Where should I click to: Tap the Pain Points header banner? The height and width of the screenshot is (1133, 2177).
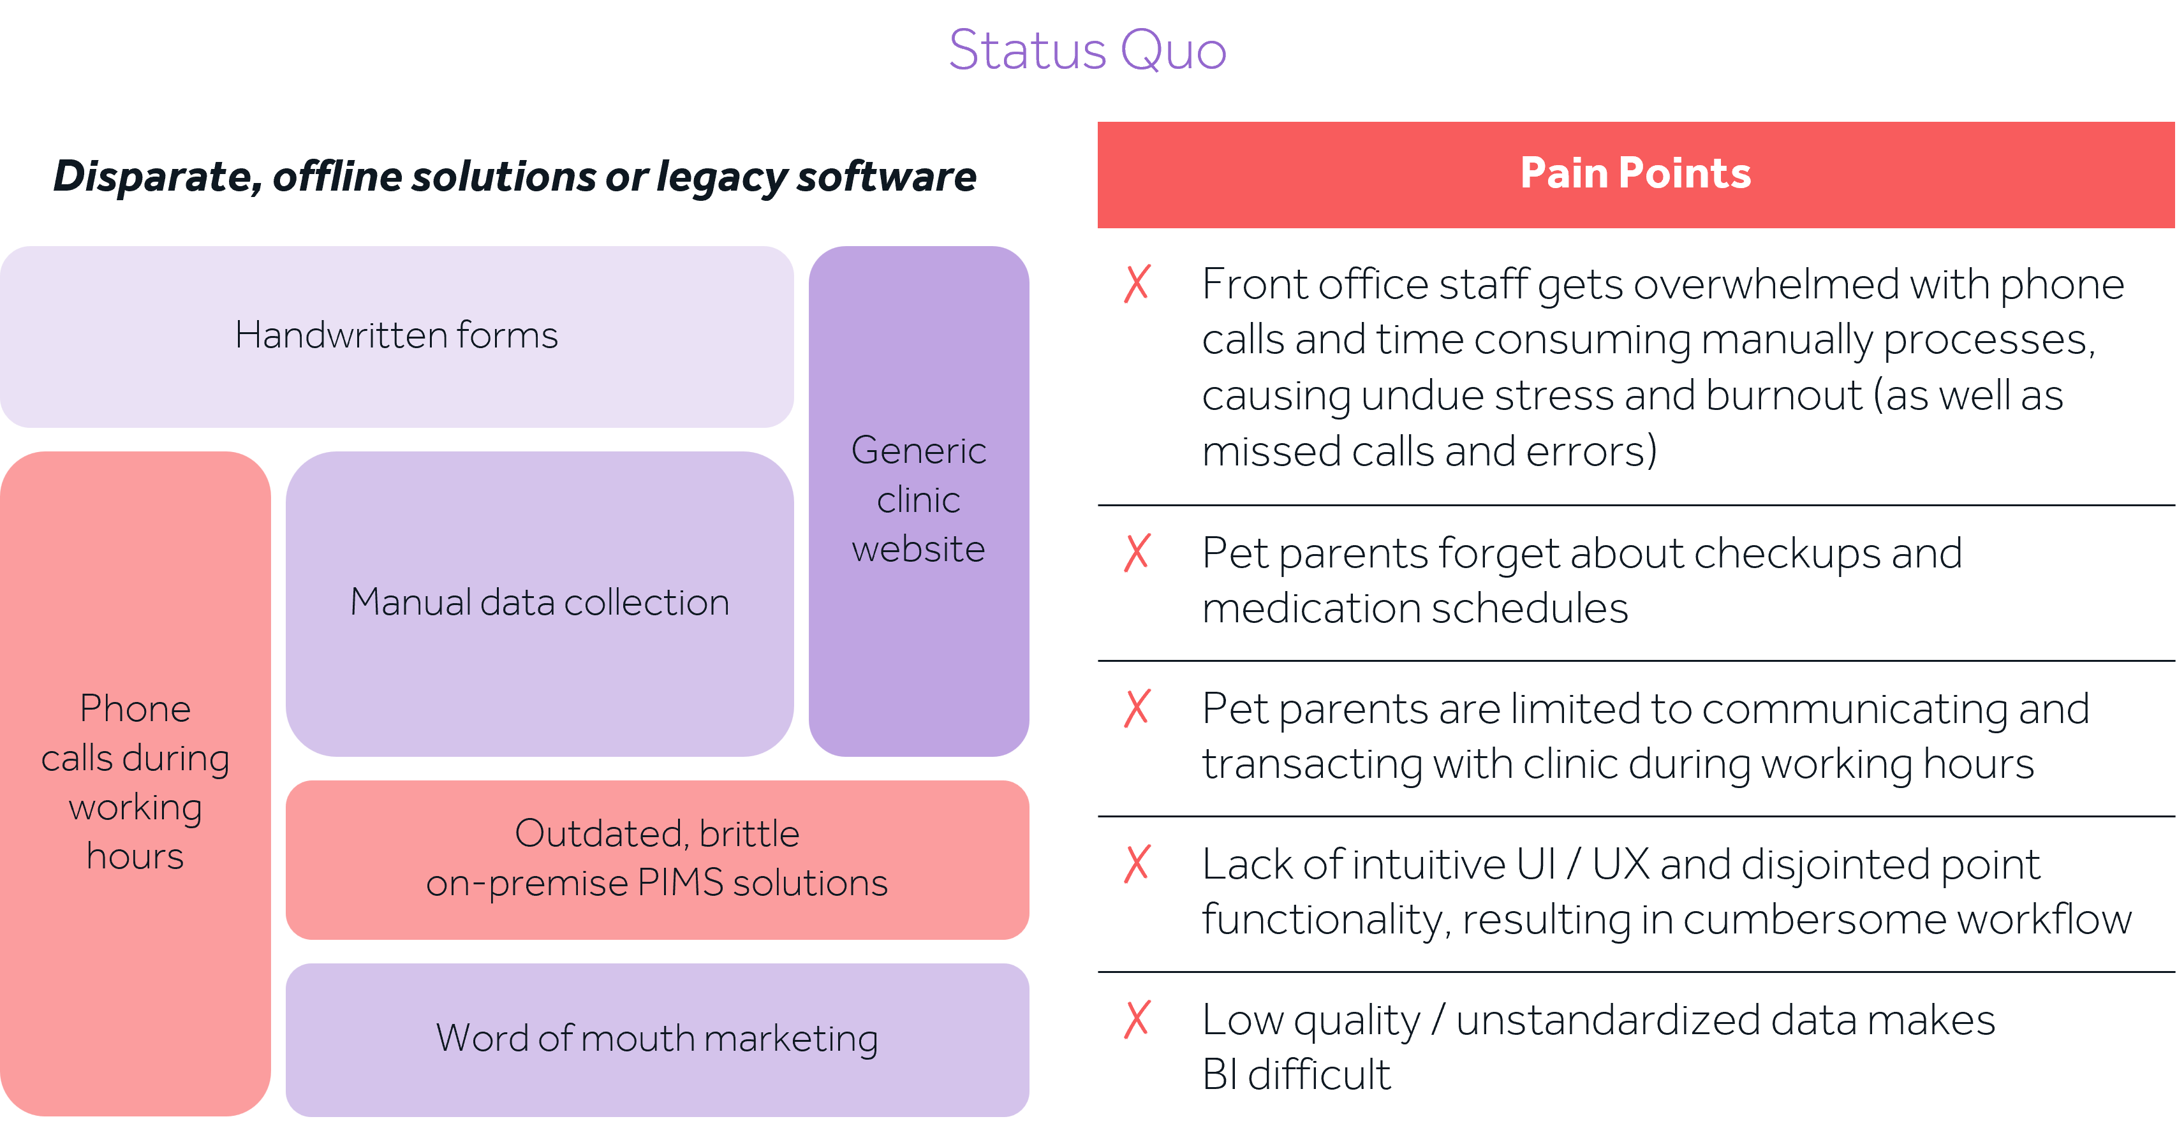coord(1635,174)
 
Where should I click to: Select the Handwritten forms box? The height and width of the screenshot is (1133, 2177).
coord(396,336)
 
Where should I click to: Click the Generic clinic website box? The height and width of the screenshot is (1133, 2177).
coord(919,500)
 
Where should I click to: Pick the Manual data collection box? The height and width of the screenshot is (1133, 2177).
coord(539,603)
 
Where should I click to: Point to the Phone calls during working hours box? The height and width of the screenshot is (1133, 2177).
coord(135,782)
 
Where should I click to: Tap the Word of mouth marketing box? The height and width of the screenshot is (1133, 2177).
coord(656,1039)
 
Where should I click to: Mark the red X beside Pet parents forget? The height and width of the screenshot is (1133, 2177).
coord(1137,553)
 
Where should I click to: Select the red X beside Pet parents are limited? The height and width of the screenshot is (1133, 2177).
coord(1137,709)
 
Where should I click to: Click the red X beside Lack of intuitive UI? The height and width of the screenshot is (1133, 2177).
coord(1137,865)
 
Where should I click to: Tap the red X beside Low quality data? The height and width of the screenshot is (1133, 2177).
coord(1137,1020)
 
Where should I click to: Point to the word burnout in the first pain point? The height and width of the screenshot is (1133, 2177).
coord(1783,396)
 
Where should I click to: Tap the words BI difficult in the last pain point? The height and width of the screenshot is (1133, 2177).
coord(1295,1076)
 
